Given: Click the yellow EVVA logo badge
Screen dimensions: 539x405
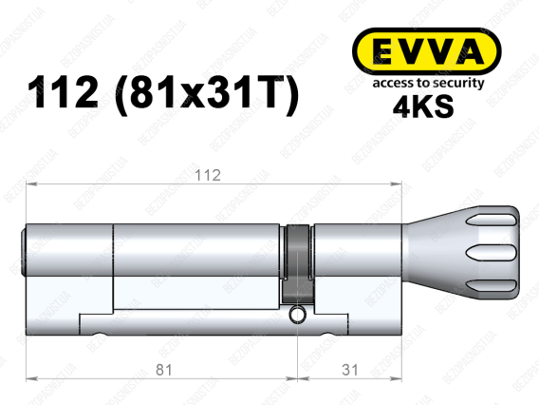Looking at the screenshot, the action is click(427, 51).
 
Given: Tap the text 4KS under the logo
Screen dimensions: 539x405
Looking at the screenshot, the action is click(423, 106).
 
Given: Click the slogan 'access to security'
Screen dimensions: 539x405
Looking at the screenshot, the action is click(428, 83).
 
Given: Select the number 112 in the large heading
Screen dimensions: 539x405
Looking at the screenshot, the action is click(63, 92).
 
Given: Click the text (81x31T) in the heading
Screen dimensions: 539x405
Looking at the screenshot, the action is click(207, 94).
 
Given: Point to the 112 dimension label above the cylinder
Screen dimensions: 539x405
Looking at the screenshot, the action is click(208, 176).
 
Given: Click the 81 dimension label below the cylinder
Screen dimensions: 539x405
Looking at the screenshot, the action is click(163, 370).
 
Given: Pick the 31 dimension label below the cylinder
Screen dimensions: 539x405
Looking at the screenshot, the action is click(350, 370).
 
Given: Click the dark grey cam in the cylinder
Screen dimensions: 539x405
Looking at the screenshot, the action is click(297, 264).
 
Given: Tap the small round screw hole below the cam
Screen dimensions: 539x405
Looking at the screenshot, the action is click(297, 315).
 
